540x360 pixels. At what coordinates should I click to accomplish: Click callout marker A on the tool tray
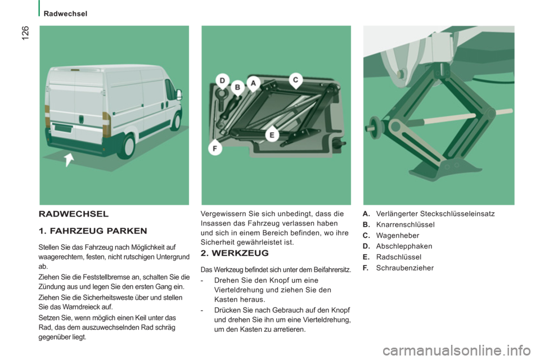[254, 83]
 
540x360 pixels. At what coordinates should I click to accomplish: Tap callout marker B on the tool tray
[237, 88]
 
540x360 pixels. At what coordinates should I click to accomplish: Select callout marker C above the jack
[295, 80]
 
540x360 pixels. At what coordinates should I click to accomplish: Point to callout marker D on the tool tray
[223, 80]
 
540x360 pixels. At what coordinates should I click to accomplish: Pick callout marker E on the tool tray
[272, 134]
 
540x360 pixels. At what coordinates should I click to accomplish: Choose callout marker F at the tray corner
[215, 148]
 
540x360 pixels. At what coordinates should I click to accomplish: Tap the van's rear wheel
[128, 146]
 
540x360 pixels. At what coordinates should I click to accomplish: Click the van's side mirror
[179, 94]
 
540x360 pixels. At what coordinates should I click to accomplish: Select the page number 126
[25, 33]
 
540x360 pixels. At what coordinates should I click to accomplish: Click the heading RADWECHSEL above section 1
[74, 214]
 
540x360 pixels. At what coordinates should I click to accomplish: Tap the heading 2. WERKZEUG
[235, 253]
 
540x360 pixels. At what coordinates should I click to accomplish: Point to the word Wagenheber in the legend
[398, 236]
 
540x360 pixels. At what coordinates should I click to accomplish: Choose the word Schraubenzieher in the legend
[404, 268]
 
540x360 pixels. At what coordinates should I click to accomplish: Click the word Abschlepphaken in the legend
[404, 246]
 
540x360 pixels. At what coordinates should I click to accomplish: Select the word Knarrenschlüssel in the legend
[406, 224]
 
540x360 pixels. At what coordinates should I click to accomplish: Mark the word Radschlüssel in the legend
[398, 257]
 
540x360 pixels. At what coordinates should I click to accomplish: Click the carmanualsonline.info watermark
[457, 350]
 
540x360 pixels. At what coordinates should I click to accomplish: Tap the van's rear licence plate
[64, 128]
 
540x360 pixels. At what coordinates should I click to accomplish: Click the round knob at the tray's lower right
[338, 143]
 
